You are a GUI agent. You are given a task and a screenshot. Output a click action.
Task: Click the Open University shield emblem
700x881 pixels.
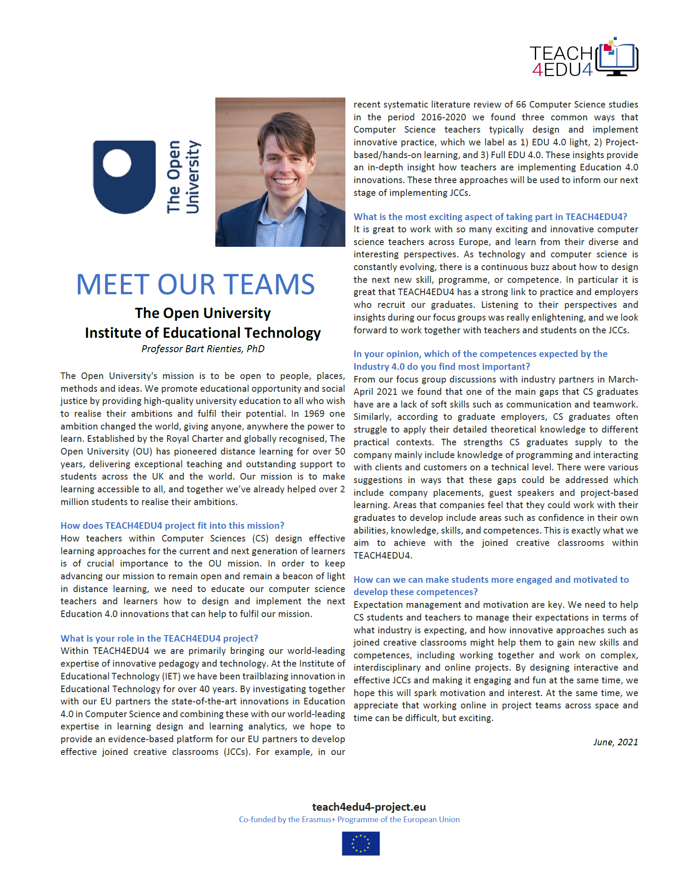pos(124,177)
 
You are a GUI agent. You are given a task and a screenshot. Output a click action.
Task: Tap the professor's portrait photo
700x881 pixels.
pos(280,172)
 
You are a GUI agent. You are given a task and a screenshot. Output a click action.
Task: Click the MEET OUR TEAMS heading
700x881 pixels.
pos(196,284)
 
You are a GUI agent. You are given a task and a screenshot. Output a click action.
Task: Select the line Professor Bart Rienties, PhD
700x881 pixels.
pos(203,349)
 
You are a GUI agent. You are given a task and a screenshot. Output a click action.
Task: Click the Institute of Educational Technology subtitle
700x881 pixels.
pos(203,333)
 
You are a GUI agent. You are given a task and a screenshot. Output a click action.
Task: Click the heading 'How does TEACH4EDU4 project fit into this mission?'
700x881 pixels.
pos(172,526)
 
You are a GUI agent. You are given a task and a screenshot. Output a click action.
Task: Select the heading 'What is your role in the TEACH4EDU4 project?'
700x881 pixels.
pos(159,639)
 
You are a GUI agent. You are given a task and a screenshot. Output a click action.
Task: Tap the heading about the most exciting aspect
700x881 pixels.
pos(490,217)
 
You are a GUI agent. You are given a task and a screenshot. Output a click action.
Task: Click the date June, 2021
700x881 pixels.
pos(615,742)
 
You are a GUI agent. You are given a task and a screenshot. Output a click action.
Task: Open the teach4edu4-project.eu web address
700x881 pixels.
pos(369,807)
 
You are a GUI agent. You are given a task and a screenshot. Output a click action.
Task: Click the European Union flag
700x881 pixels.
pos(361,844)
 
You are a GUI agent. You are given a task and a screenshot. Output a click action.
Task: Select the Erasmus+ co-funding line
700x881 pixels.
pos(349,820)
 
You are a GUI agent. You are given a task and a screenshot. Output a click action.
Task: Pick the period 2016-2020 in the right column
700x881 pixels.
pos(443,117)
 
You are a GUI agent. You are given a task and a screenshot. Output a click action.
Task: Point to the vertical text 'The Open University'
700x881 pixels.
pos(183,177)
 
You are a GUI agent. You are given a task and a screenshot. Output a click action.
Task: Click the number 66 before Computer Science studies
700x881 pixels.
pos(521,105)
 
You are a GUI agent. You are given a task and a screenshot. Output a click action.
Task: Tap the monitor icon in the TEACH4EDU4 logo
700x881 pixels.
pos(617,60)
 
